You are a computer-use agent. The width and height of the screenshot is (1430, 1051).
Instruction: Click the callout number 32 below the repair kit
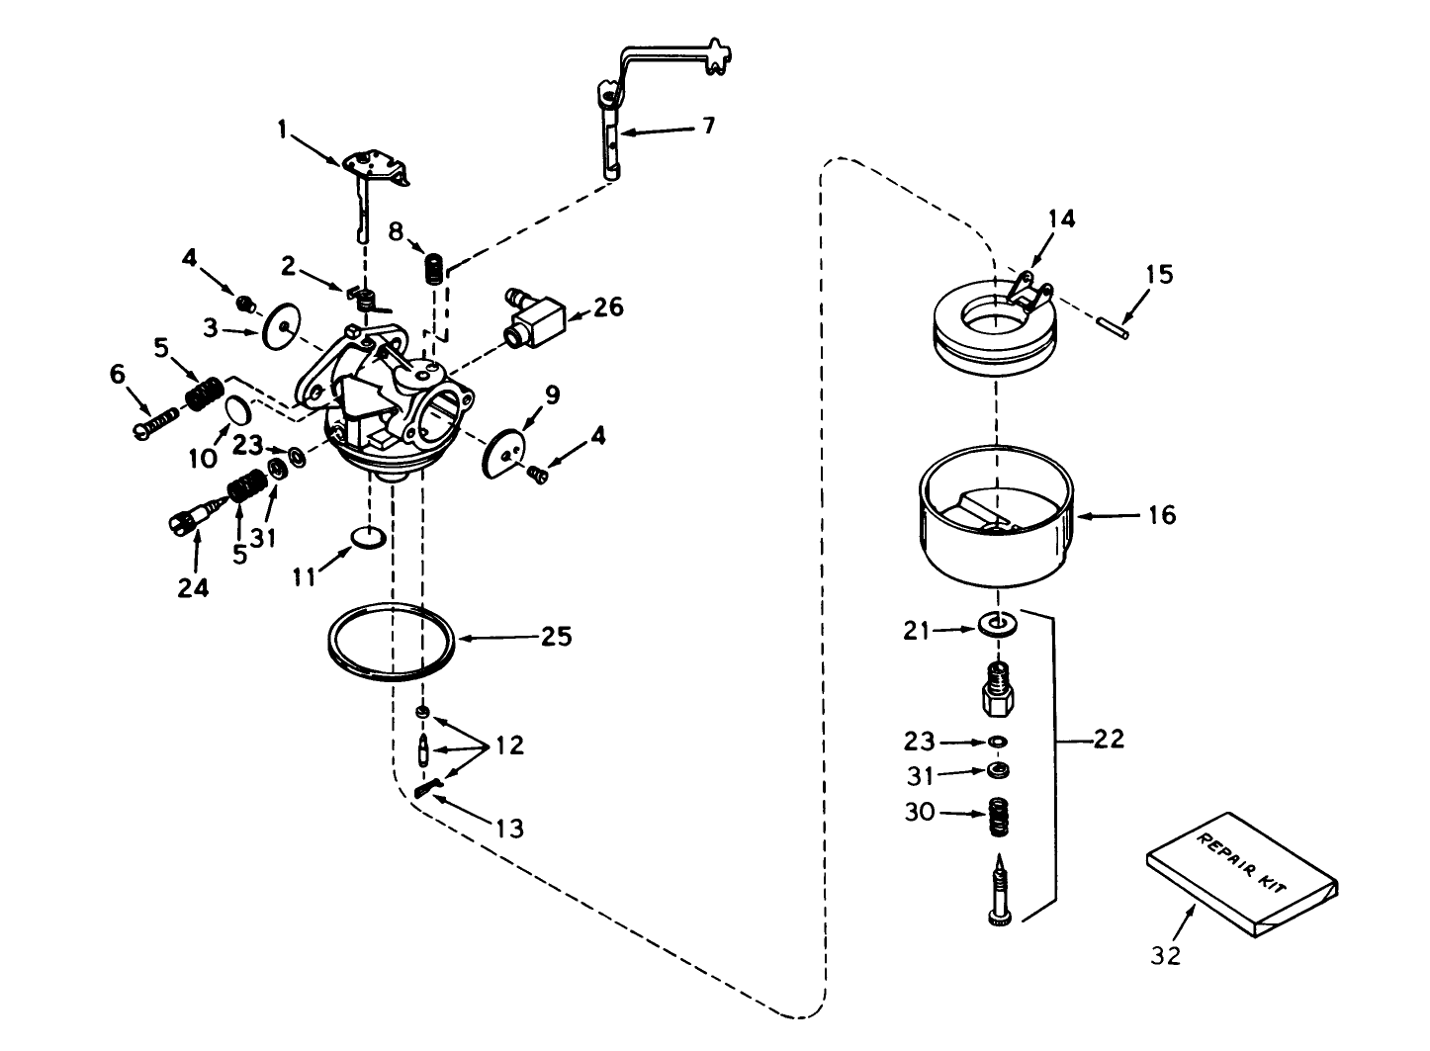[1166, 955]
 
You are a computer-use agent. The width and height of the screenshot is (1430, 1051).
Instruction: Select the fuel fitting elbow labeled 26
[531, 315]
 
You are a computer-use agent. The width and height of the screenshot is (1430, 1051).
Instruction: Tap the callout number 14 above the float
[1061, 219]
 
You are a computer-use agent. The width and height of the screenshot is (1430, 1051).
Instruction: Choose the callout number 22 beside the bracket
[1109, 739]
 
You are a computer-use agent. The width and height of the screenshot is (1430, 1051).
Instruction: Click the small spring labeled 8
[433, 268]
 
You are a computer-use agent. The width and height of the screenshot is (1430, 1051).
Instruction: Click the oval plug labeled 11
[368, 538]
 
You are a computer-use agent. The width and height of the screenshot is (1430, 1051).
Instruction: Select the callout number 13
[509, 827]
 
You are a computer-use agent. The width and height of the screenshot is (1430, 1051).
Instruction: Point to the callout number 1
[283, 129]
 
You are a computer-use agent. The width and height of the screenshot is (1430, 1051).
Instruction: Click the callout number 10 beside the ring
[203, 458]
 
